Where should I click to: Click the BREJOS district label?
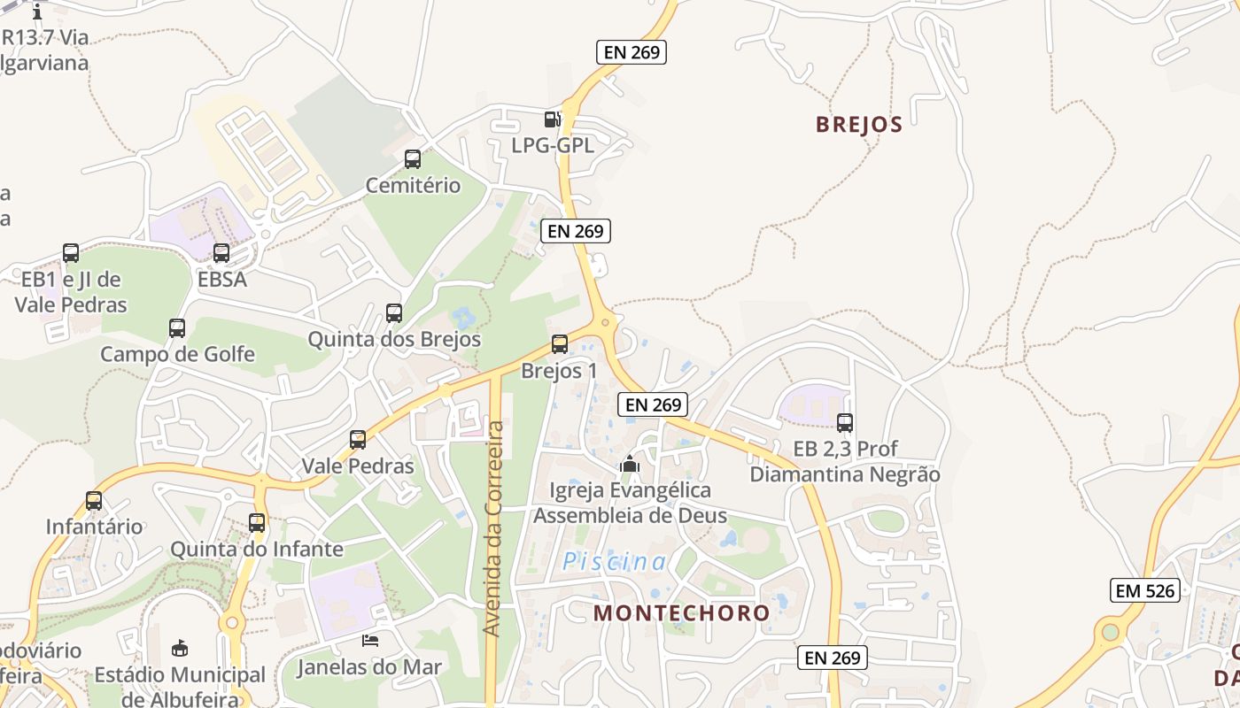858,124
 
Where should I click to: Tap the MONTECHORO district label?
681,612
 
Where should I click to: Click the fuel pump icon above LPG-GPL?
552,119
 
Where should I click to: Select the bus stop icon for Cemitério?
413,159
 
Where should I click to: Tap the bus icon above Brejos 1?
560,344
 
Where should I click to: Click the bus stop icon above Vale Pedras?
358,440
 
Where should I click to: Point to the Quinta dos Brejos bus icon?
394,313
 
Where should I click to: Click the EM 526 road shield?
1145,590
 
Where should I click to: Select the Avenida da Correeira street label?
494,527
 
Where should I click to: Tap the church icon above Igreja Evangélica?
630,464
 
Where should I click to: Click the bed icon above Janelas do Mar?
369,640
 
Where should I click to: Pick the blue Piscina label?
615,561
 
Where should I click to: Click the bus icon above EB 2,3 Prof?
845,423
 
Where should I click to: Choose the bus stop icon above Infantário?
94,501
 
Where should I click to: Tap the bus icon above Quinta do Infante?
257,523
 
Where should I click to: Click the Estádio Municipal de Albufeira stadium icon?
180,649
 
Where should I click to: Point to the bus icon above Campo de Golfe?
177,328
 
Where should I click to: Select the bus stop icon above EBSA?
221,253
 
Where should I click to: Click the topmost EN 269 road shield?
631,52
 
